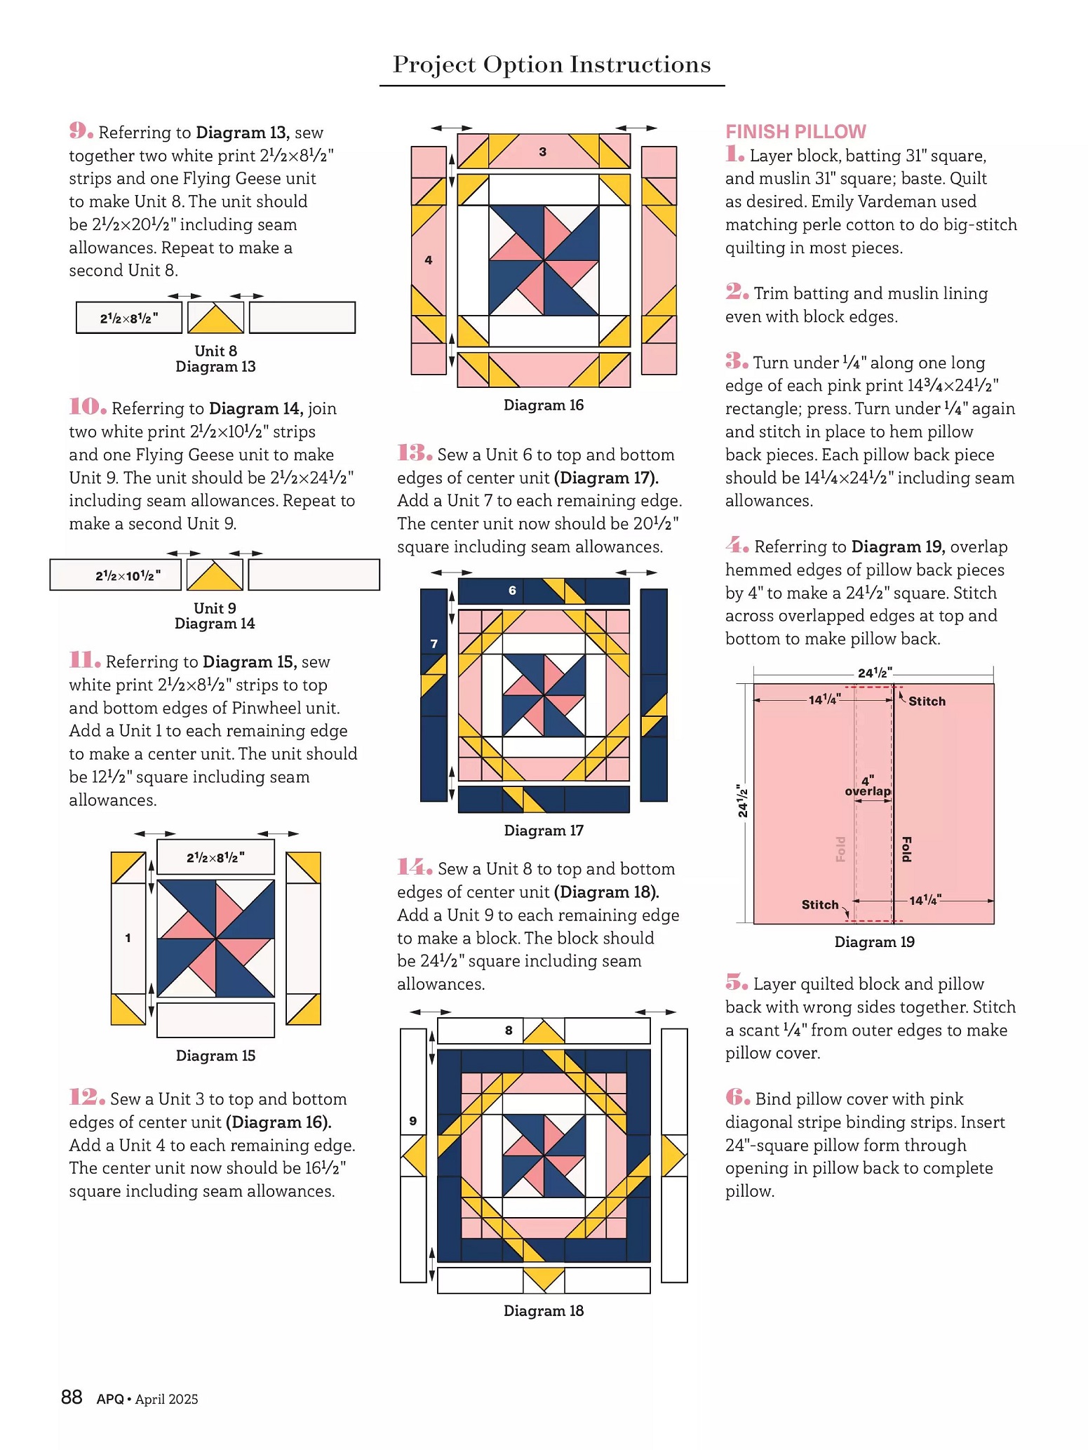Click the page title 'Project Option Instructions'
pos(551,65)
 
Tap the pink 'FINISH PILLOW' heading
pos(795,132)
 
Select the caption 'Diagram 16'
pos(543,405)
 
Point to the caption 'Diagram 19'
pos(874,942)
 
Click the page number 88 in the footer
pos(72,1397)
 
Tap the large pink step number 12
pos(87,1098)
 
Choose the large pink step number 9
pos(81,131)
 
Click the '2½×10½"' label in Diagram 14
pos(128,576)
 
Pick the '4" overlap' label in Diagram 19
pos(868,786)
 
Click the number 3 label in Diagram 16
pos(542,152)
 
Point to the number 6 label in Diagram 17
pos(512,591)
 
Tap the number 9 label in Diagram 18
pos(412,1121)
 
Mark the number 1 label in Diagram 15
pos(128,938)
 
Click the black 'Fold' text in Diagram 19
pos(906,849)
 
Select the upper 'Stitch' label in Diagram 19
pos(927,701)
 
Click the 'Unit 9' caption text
pos(215,608)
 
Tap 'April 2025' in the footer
pos(166,1399)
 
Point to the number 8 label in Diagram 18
pos(509,1031)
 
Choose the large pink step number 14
pos(414,868)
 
